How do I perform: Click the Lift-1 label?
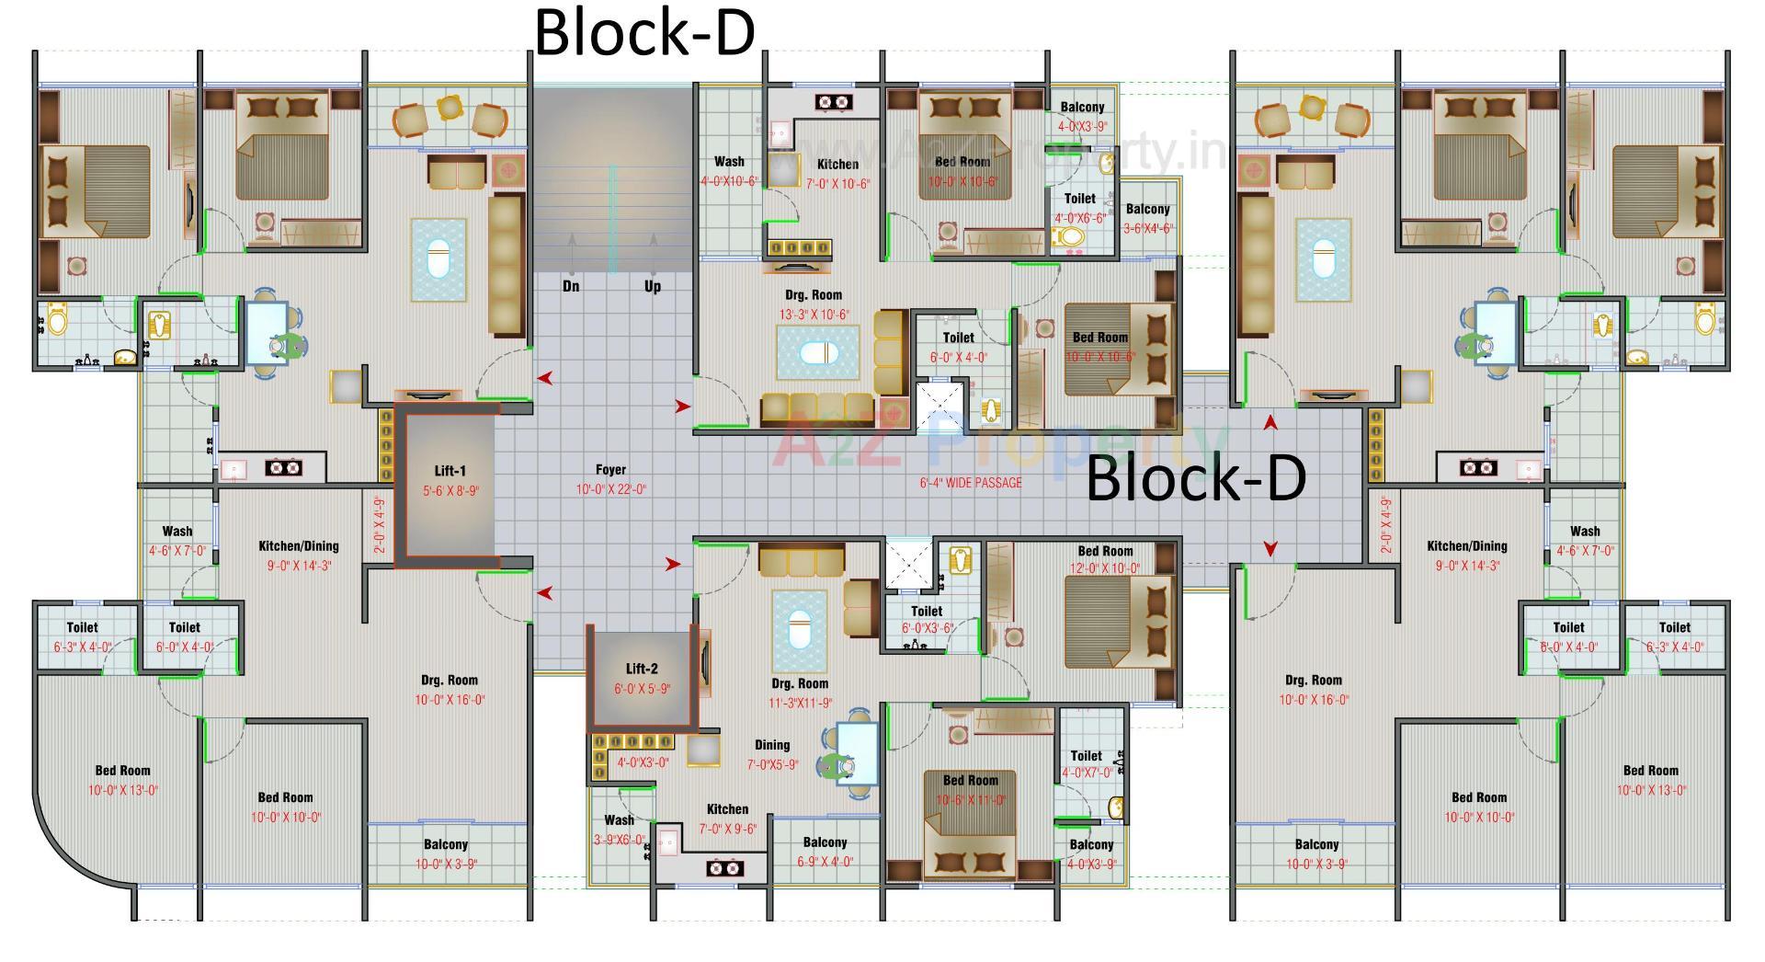pyautogui.click(x=450, y=471)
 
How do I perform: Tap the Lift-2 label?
pyautogui.click(x=642, y=670)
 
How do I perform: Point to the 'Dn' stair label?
pyautogui.click(x=571, y=286)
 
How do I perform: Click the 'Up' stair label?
pyautogui.click(x=653, y=286)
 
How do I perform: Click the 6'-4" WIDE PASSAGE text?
pyautogui.click(x=971, y=483)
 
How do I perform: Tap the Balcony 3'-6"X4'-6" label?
pyautogui.click(x=1147, y=219)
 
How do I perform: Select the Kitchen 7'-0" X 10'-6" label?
pyautogui.click(x=837, y=174)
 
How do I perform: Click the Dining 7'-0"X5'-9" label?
pyautogui.click(x=772, y=754)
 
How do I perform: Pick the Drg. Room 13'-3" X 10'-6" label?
pyautogui.click(x=814, y=304)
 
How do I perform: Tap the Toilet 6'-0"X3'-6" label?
pyautogui.click(x=927, y=619)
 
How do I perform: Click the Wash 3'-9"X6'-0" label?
pyautogui.click(x=619, y=829)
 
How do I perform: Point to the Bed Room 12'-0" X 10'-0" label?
pyautogui.click(x=1105, y=559)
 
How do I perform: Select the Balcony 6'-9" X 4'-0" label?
pyautogui.click(x=825, y=852)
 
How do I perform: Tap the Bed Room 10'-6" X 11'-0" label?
pyautogui.click(x=970, y=790)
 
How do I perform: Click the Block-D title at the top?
pyautogui.click(x=643, y=32)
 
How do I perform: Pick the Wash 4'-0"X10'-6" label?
pyautogui.click(x=729, y=171)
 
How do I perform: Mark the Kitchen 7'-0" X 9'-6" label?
pyautogui.click(x=727, y=819)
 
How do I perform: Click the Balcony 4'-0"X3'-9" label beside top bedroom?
pyautogui.click(x=1082, y=117)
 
